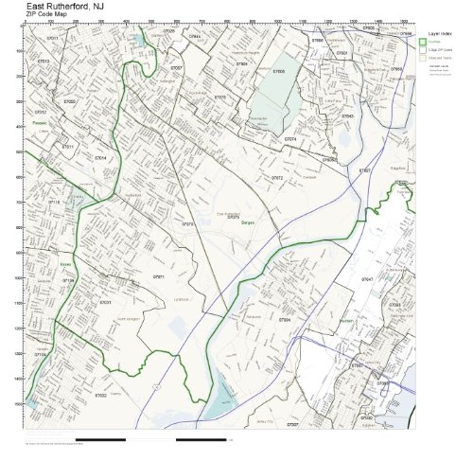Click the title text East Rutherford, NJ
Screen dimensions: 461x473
coord(66,6)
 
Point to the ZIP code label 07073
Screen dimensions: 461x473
coord(188,224)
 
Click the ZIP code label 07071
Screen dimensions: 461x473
coord(159,275)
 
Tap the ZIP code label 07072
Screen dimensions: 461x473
coord(277,177)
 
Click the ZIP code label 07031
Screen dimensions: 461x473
coord(106,302)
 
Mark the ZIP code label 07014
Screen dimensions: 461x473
coord(100,157)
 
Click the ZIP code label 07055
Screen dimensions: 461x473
coord(69,100)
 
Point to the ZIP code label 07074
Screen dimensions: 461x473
coord(290,139)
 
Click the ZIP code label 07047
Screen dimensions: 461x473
coord(367,279)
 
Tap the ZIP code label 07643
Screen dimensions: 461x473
coord(348,115)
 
